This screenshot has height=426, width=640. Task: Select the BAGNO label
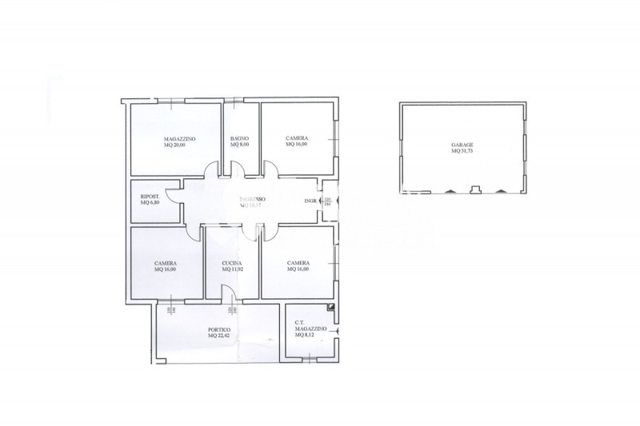240,138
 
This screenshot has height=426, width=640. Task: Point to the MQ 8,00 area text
240,145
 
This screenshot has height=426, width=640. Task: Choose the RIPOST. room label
150,197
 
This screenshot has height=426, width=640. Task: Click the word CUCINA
232,262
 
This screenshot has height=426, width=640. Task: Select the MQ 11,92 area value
232,269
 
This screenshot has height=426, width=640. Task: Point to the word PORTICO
219,329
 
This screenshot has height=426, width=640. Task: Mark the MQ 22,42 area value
219,336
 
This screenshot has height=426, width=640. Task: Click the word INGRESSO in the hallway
252,199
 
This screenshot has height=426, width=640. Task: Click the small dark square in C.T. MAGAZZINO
330,308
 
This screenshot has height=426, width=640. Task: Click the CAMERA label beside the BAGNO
297,138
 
